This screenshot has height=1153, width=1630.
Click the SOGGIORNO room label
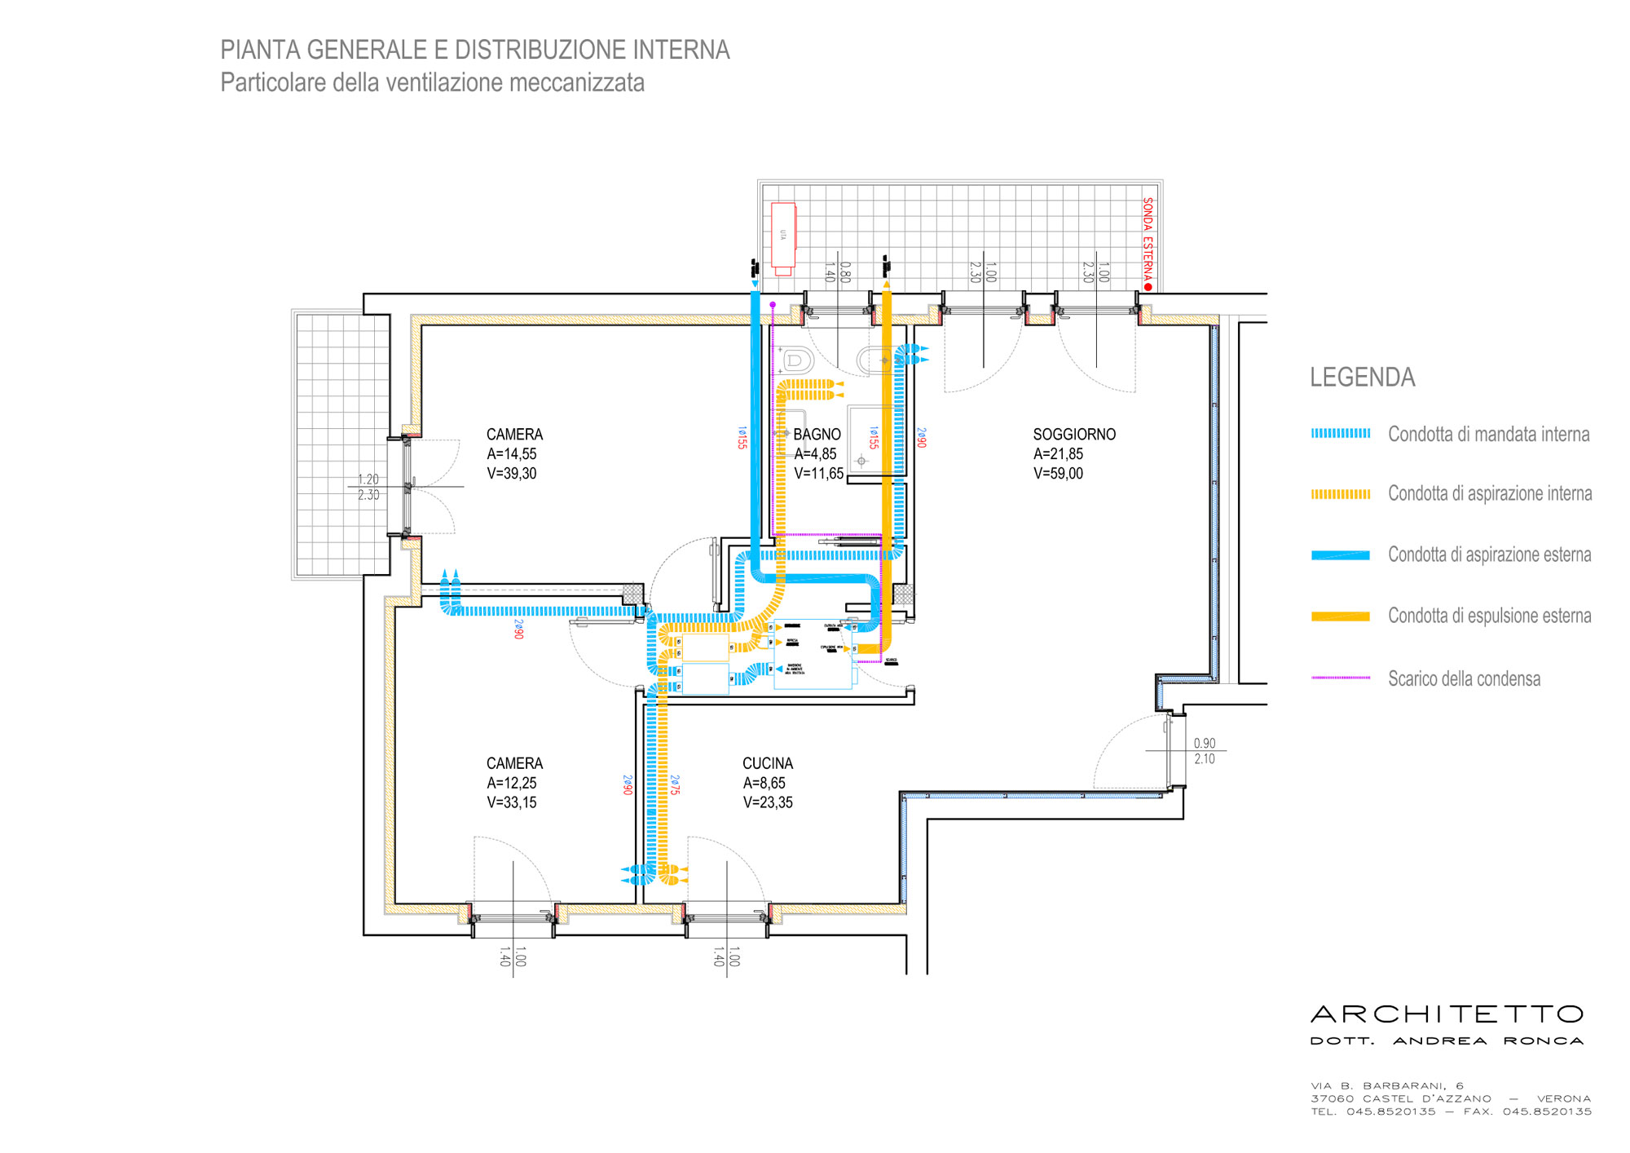1074,435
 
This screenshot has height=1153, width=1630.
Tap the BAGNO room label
817,435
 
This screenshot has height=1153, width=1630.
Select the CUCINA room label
767,763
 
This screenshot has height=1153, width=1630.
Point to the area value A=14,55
512,454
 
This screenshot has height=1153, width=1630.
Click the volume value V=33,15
512,802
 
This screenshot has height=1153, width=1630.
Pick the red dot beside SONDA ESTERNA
1148,287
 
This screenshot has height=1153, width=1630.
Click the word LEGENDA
1362,378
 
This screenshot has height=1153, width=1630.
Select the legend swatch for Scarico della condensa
1340,678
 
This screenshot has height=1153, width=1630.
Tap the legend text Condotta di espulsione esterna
1489,616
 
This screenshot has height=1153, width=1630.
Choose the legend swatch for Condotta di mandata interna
1340,434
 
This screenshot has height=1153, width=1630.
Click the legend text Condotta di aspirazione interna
1489,493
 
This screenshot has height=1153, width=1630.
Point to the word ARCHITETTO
1447,1014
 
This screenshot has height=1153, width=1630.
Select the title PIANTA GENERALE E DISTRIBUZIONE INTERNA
474,50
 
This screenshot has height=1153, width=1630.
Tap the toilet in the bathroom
796,360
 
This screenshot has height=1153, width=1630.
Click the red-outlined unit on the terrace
783,237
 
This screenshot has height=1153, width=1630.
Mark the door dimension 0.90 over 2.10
1204,751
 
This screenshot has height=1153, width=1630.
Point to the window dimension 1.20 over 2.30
368,487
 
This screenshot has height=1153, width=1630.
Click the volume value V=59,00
1058,474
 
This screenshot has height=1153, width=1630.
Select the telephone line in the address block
1451,1111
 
